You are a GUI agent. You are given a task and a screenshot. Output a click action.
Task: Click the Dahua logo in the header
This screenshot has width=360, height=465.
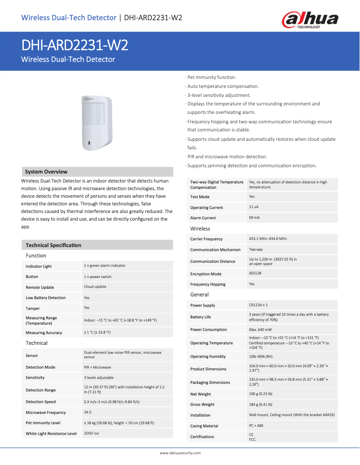[x=310, y=20]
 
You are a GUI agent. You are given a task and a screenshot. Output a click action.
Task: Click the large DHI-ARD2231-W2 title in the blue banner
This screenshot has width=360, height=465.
[x=75, y=45]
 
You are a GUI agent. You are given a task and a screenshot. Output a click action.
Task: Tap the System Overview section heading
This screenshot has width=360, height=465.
[x=46, y=172]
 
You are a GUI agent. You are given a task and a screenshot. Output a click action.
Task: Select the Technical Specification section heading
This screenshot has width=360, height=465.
[x=53, y=245]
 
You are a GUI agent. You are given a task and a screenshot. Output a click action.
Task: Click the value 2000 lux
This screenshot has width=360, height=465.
[x=91, y=433]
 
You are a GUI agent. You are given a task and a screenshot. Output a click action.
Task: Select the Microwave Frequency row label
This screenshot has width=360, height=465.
[x=46, y=413]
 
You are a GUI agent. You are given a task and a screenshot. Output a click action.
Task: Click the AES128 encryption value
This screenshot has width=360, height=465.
[x=255, y=273]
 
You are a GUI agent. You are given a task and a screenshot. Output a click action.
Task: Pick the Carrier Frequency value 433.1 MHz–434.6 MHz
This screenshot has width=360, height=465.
[x=268, y=239]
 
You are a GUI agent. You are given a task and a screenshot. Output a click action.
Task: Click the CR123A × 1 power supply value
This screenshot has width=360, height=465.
[x=258, y=305]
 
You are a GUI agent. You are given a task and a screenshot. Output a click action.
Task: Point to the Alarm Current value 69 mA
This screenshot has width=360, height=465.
[x=254, y=217]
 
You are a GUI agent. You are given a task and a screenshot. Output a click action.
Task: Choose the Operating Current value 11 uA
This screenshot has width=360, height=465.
[x=254, y=207]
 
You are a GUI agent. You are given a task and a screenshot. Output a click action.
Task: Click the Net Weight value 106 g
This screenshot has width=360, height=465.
[x=261, y=394]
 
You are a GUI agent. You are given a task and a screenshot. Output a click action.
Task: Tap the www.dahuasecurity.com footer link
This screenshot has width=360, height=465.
[x=180, y=453]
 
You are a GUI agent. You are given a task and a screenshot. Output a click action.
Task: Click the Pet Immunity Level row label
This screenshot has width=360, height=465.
[x=43, y=423]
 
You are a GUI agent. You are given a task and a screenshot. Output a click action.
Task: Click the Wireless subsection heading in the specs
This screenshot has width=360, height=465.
[x=200, y=229]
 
